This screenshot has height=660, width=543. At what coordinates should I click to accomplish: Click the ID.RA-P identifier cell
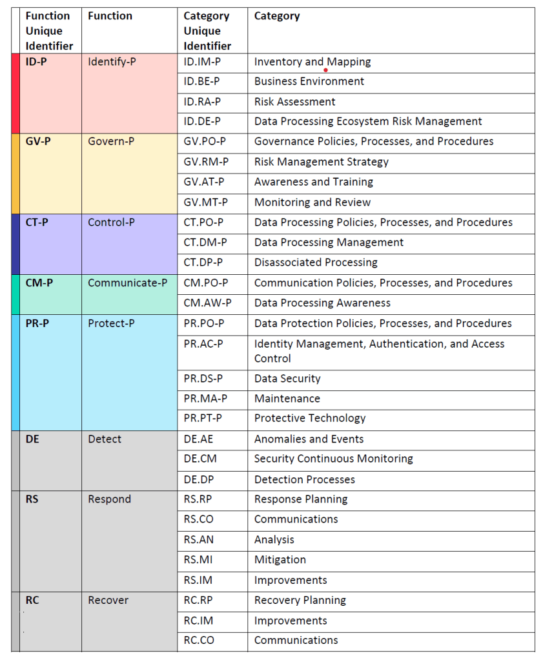202,101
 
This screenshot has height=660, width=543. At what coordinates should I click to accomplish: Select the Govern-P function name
111,141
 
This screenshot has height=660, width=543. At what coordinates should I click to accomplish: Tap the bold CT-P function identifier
37,223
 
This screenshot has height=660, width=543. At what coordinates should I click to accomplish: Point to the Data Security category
287,379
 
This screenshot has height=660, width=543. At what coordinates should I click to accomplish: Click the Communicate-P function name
127,283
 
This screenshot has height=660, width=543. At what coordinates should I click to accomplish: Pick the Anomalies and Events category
309,439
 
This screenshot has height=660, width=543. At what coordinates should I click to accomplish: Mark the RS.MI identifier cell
198,559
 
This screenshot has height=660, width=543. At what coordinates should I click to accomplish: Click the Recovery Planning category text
300,600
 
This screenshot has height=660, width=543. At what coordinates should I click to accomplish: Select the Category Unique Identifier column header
207,31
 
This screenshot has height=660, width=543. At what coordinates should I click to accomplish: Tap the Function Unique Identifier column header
49,31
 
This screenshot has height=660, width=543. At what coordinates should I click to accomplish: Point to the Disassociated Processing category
316,263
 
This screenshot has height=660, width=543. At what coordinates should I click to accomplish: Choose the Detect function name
105,439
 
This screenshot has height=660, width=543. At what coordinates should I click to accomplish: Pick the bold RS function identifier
32,499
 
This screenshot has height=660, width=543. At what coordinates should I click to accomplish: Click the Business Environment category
309,81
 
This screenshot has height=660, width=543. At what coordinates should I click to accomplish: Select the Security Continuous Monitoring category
333,459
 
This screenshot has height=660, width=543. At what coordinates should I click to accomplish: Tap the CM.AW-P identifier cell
207,303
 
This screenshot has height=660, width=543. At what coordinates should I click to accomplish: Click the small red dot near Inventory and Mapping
325,70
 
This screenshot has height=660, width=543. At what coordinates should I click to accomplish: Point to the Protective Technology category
310,418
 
